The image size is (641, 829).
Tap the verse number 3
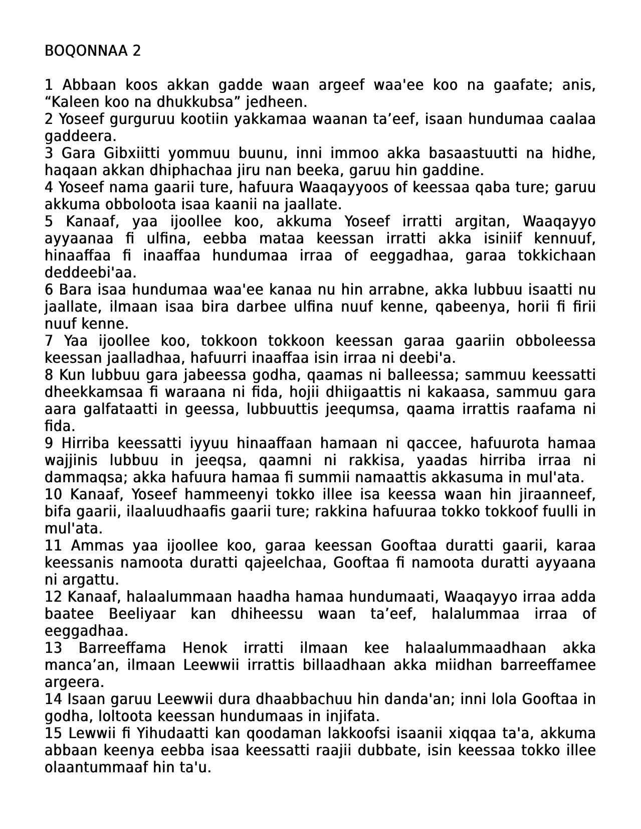pyautogui.click(x=49, y=153)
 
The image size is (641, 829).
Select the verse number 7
pyautogui.click(x=49, y=341)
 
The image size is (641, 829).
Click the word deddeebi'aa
pyautogui.click(x=90, y=272)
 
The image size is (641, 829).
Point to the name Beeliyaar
pyautogui.click(x=142, y=614)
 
